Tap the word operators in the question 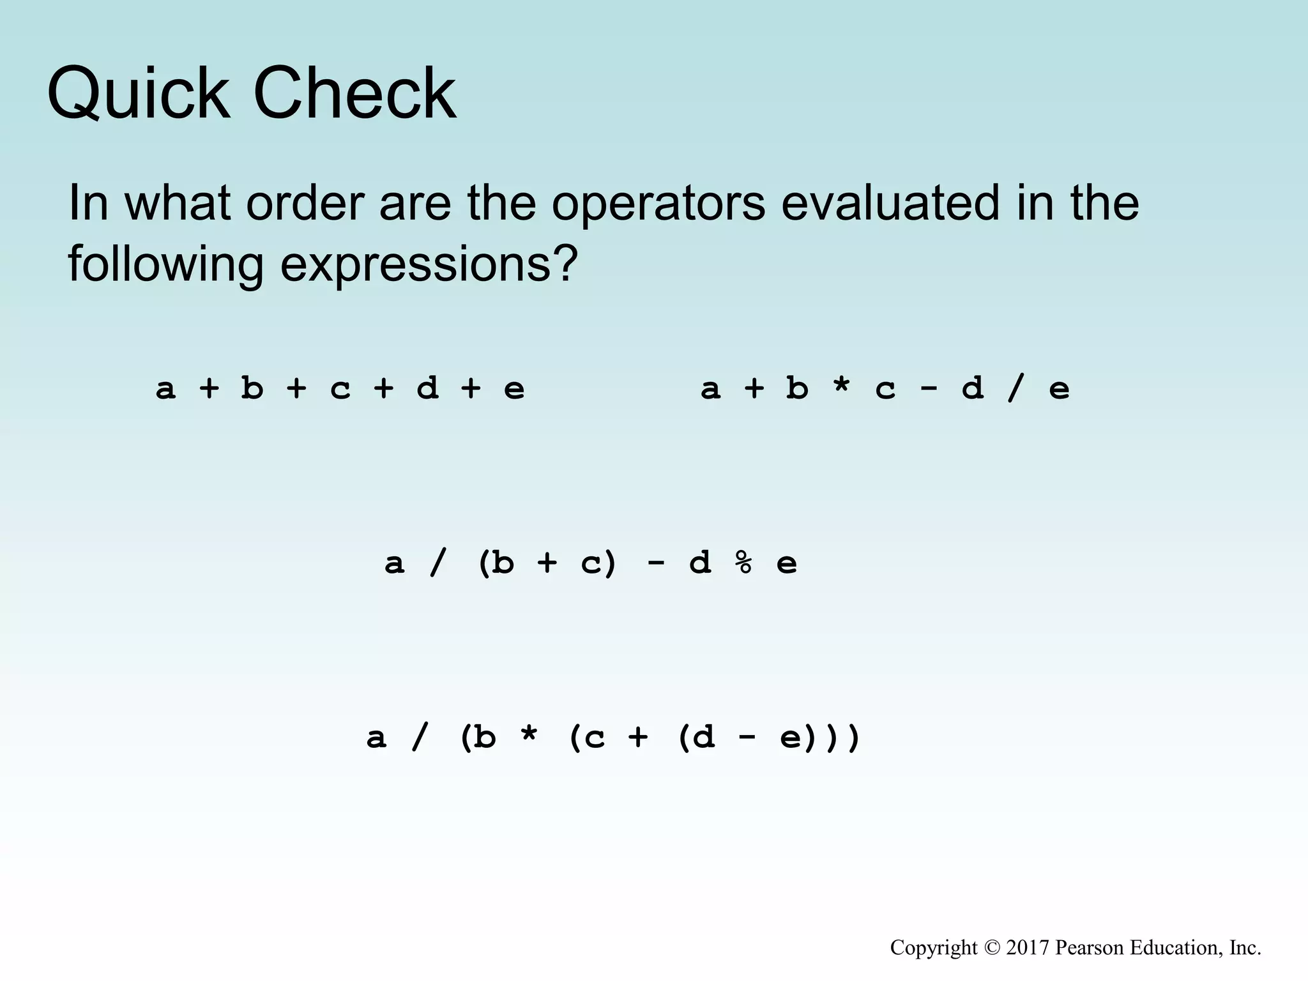click(658, 203)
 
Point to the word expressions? click(429, 264)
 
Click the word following click(165, 264)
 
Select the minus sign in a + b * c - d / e click(928, 387)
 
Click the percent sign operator click(743, 563)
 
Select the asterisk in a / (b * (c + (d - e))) click(528, 738)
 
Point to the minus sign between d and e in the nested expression click(746, 736)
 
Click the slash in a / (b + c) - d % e click(437, 563)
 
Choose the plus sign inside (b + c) click(547, 563)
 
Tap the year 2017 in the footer click(1028, 948)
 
